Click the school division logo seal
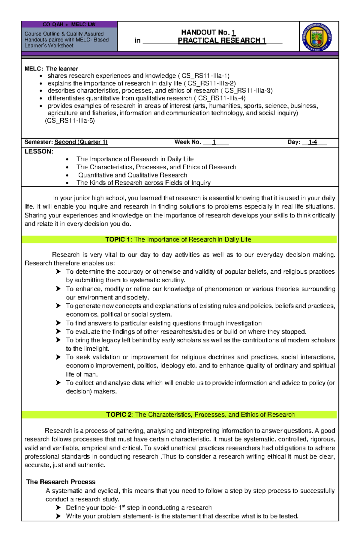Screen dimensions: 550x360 317,37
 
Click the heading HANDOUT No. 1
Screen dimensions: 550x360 208,32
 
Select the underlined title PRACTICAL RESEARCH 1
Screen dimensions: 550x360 222,40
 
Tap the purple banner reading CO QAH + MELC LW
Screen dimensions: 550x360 69,25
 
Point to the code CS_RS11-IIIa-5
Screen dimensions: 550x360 70,121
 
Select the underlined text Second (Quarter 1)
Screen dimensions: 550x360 81,142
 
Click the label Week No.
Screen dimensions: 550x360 187,142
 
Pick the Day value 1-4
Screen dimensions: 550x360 313,142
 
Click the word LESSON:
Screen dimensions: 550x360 39,152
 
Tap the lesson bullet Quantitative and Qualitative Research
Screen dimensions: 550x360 133,175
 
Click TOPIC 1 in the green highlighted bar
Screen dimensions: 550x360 118,239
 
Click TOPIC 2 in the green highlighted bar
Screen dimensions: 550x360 119,415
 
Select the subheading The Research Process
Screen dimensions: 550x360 61,482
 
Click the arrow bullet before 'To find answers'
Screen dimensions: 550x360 58,323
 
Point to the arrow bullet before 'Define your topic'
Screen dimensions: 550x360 58,508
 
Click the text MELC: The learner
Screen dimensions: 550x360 51,69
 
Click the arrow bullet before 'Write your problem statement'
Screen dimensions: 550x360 58,516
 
